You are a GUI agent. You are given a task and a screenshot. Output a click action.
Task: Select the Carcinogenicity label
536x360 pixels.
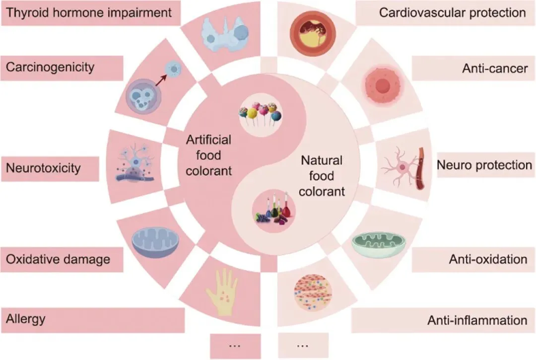pyautogui.click(x=50, y=67)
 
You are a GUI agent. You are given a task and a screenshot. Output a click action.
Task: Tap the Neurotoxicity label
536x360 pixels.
pyautogui.click(x=43, y=168)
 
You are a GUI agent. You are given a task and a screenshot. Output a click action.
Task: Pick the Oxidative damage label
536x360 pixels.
pyautogui.click(x=58, y=259)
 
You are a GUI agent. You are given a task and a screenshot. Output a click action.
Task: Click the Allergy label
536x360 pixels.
pyautogui.click(x=26, y=319)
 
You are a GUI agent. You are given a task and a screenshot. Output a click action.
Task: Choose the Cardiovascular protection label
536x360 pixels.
pyautogui.click(x=452, y=12)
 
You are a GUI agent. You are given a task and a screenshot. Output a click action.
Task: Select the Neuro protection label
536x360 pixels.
pyautogui.click(x=484, y=165)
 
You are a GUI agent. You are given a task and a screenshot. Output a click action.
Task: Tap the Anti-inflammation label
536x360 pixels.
pyautogui.click(x=477, y=320)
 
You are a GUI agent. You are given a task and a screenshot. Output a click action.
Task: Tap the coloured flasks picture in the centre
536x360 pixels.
pyautogui.click(x=272, y=212)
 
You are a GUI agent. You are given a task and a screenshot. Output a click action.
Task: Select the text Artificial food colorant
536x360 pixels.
pyautogui.click(x=208, y=156)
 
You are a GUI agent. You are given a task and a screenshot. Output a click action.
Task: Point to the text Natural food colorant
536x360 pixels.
pyautogui.click(x=322, y=176)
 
